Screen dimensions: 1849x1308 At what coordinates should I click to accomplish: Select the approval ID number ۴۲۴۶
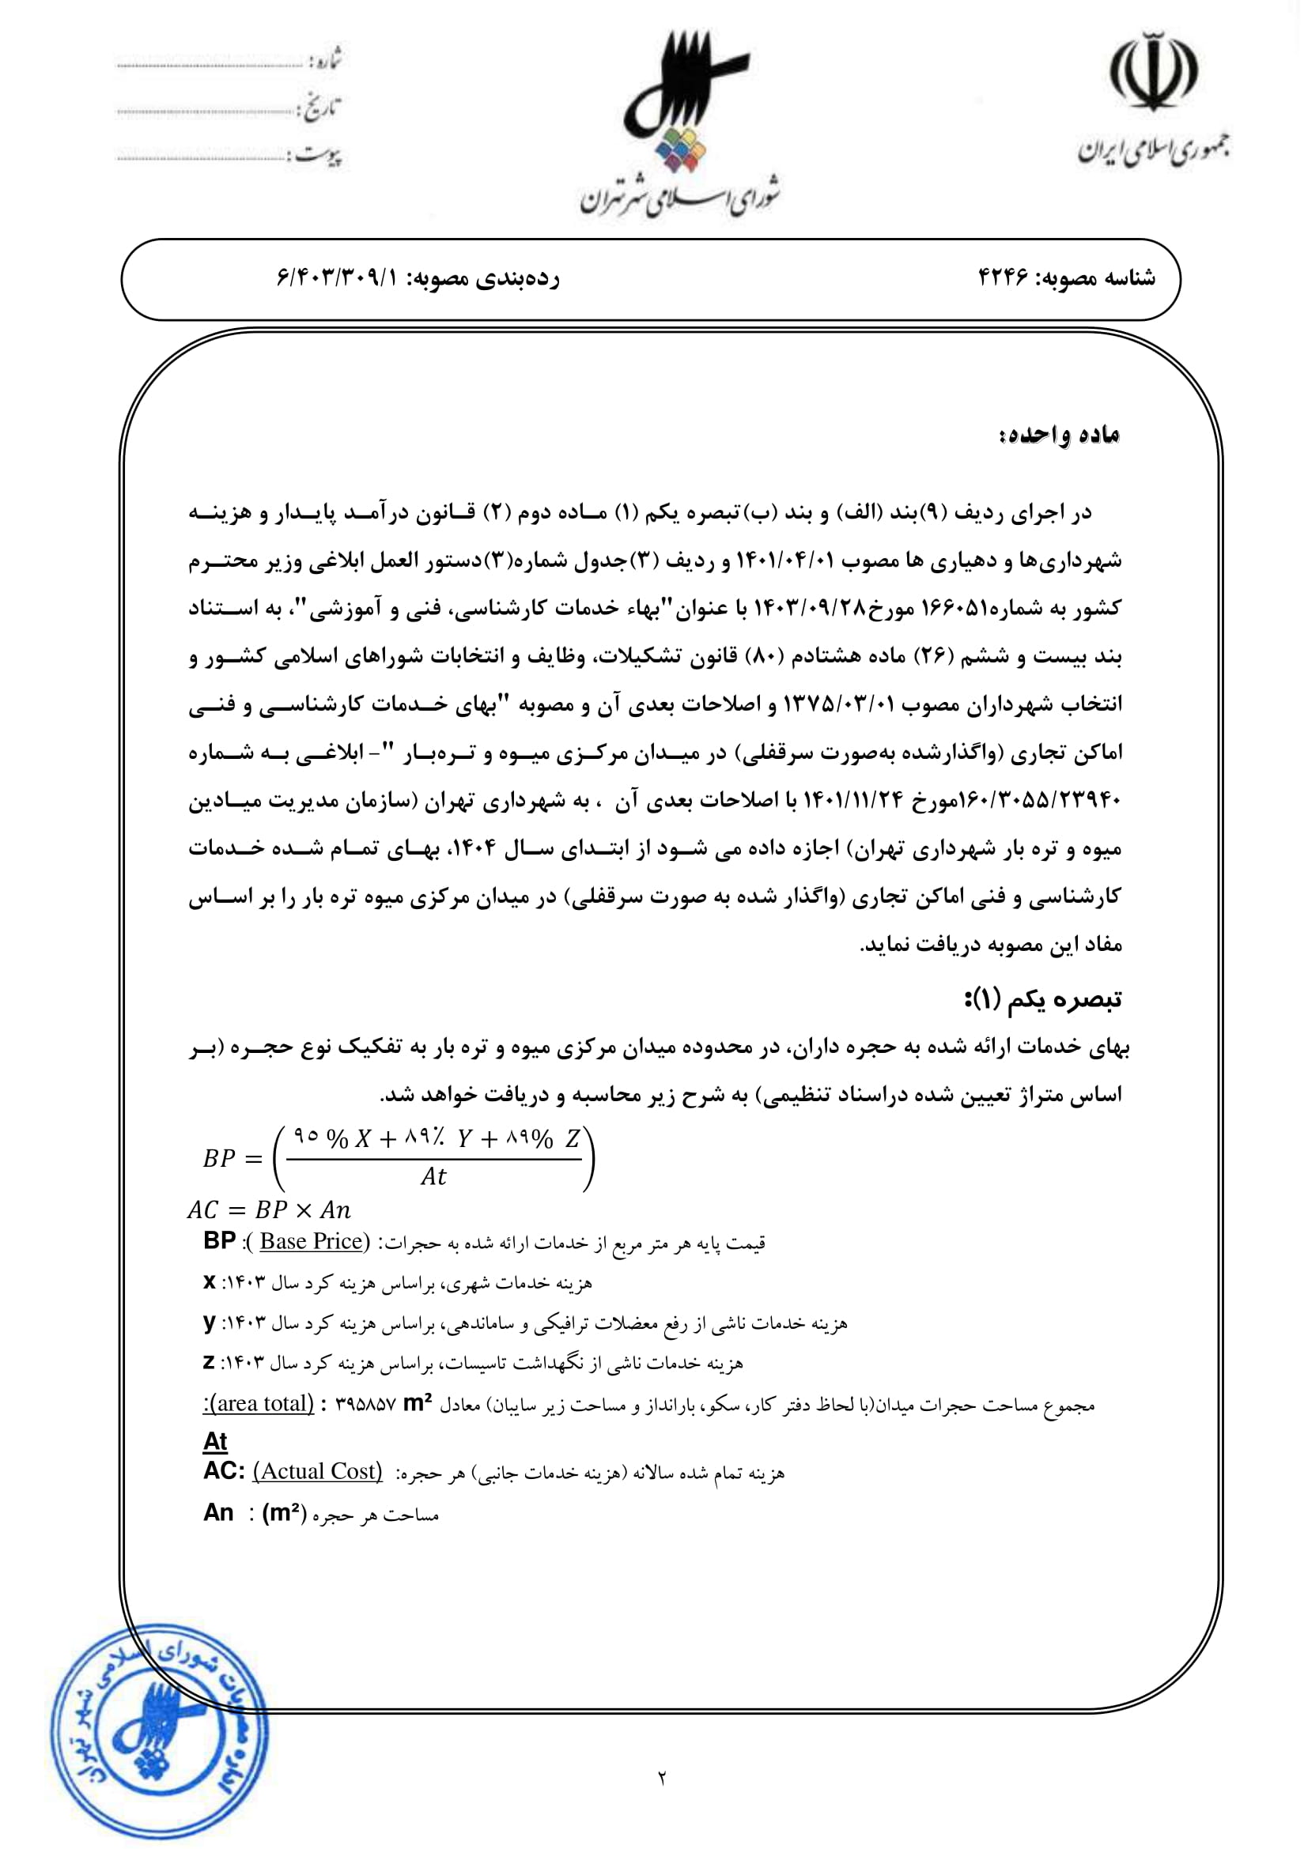click(1003, 277)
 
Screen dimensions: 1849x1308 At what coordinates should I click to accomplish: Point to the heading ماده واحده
click(1060, 435)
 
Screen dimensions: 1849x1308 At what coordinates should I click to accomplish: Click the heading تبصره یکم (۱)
click(1043, 999)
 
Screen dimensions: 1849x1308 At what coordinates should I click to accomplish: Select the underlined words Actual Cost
click(318, 1471)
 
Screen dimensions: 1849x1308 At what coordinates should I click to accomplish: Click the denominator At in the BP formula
click(433, 1176)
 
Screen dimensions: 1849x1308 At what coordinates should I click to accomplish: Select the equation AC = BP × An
click(269, 1209)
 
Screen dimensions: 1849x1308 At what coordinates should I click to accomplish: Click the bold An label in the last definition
click(218, 1512)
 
